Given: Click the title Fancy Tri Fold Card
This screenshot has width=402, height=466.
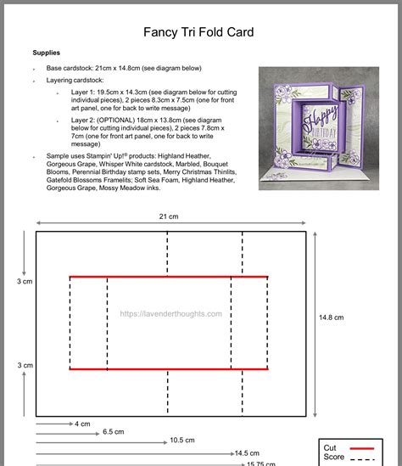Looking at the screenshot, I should click(x=198, y=33).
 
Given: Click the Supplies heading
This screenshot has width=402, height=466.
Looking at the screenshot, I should click(x=47, y=53).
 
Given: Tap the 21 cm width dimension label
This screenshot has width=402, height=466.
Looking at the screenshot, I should click(x=168, y=216).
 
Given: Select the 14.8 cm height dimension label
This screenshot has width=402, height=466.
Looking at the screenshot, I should click(x=331, y=317).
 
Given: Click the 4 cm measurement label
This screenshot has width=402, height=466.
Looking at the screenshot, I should click(x=82, y=424).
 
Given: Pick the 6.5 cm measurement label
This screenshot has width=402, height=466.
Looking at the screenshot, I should click(x=114, y=432).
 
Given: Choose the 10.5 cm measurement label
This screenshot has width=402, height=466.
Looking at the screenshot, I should click(x=182, y=441).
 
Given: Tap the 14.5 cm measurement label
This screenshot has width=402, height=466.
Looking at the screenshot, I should click(x=247, y=453).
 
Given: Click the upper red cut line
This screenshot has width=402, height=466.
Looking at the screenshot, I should click(x=169, y=277).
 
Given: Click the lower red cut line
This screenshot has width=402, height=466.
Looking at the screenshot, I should click(x=169, y=369).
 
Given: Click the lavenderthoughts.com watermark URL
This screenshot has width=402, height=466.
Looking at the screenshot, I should click(x=170, y=313).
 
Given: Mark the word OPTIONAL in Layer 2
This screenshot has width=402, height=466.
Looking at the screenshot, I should click(x=117, y=121).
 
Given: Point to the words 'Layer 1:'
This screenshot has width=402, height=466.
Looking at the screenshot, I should click(x=83, y=92).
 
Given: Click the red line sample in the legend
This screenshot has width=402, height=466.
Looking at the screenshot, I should click(x=362, y=447).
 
